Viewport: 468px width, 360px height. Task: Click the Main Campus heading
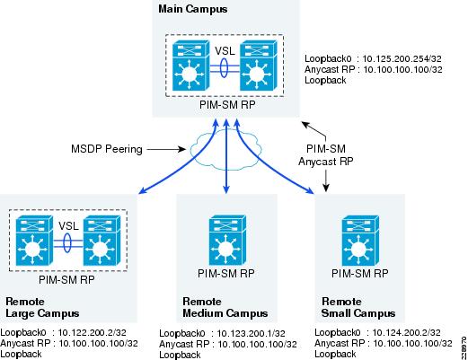tap(193, 9)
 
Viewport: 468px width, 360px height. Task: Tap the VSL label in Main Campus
tap(225, 50)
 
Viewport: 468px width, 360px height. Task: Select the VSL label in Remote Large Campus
tap(68, 225)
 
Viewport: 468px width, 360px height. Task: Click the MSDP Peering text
tap(107, 149)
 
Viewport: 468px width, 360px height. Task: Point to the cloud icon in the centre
tap(226, 150)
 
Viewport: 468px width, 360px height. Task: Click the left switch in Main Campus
tap(190, 66)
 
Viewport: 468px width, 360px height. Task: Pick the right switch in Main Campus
tap(259, 66)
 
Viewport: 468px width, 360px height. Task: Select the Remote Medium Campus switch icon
tap(227, 241)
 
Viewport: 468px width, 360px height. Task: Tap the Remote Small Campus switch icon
tap(360, 241)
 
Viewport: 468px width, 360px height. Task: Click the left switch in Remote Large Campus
tap(34, 241)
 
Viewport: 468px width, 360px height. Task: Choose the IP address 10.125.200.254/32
tap(402, 59)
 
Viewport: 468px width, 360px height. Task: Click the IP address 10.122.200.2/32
tap(93, 332)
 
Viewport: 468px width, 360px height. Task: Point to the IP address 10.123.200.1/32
tap(251, 333)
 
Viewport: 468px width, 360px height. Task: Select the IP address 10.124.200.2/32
tap(406, 332)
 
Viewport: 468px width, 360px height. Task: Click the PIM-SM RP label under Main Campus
tap(227, 105)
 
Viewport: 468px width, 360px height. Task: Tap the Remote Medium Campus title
tap(225, 307)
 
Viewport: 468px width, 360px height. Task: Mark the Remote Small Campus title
tap(358, 307)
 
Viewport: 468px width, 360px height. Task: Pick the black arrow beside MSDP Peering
tap(166, 149)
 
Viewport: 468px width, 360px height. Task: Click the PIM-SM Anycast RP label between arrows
tap(326, 155)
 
